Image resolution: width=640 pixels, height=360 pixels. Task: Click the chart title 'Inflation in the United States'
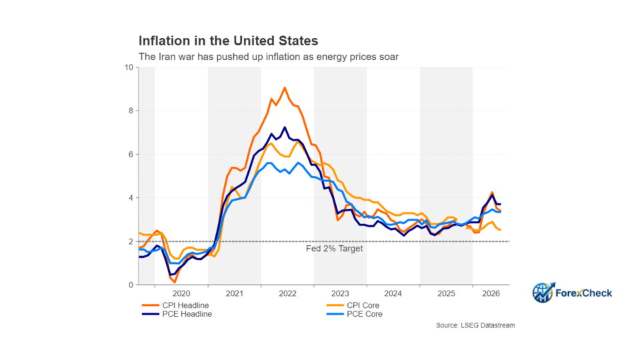[228, 41]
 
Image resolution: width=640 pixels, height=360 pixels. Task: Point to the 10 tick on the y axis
[129, 67]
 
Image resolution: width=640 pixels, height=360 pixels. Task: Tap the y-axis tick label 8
[131, 111]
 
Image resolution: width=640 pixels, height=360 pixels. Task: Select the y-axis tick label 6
[131, 154]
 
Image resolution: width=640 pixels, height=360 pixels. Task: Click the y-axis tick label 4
[131, 198]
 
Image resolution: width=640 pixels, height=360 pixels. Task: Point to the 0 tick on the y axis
[131, 285]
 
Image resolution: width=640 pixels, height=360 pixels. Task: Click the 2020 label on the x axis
[181, 293]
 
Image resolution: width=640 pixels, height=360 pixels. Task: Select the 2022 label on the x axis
[287, 293]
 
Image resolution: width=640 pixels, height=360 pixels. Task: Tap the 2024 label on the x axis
[393, 293]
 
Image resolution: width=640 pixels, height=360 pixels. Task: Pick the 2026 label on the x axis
[491, 293]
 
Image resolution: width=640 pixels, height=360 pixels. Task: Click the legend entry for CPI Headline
[175, 305]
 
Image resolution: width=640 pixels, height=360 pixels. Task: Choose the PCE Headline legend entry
[177, 314]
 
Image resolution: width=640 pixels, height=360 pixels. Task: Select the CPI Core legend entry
[353, 305]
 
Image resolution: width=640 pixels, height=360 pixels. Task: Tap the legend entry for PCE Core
[355, 314]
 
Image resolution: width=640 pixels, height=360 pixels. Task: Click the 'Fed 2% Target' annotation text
[334, 249]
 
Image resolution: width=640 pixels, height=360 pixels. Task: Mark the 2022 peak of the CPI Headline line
[285, 87]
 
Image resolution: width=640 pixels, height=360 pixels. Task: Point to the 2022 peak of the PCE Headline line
[285, 127]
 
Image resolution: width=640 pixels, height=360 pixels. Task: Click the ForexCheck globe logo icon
[543, 293]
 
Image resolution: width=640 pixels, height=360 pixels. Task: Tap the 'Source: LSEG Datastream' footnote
[475, 325]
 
